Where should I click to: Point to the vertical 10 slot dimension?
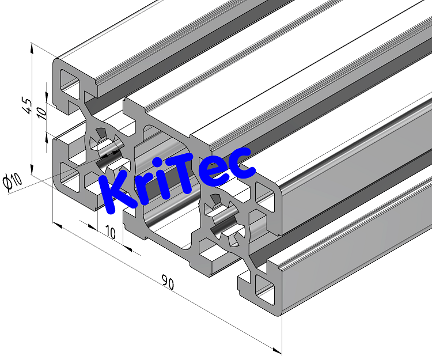click(x=41, y=110)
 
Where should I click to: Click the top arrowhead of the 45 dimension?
click(x=32, y=48)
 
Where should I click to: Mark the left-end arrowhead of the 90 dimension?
click(x=56, y=224)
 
